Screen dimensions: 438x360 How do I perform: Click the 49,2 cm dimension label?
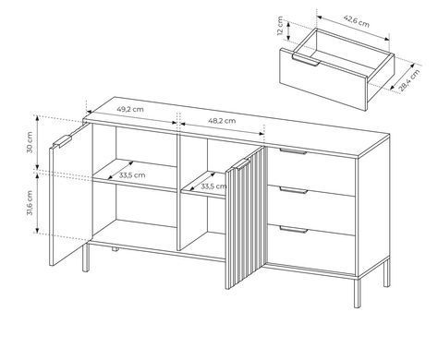[130, 109]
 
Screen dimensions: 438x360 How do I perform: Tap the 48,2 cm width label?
[222, 121]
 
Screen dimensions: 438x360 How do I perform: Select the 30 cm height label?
[30, 142]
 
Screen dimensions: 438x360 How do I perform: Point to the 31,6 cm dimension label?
[30, 202]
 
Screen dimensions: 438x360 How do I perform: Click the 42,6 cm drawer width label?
[357, 21]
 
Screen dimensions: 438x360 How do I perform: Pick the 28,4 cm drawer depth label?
[409, 80]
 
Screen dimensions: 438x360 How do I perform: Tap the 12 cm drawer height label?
[280, 26]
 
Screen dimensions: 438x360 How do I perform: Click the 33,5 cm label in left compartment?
[132, 175]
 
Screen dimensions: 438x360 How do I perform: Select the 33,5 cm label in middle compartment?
[213, 186]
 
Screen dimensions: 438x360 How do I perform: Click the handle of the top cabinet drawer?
[293, 151]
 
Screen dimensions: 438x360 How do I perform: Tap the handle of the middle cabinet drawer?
[294, 190]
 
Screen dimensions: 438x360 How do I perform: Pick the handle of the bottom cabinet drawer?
[294, 230]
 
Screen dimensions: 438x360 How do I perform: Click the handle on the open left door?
[63, 141]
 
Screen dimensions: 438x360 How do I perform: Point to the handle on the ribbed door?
[242, 164]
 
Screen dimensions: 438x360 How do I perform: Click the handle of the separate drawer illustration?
[306, 61]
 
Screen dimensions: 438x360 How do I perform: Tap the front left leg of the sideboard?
[85, 258]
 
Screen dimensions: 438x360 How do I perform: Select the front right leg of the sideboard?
[357, 293]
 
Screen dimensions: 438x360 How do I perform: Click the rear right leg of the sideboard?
[386, 272]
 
